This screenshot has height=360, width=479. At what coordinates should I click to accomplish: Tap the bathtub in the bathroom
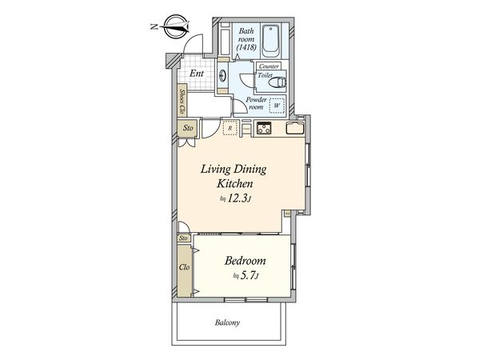tap(270, 41)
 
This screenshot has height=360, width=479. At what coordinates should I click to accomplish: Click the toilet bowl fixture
tap(277, 82)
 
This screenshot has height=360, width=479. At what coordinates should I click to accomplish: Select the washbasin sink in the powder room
tap(222, 75)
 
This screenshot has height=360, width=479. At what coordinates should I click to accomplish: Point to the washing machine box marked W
tap(277, 106)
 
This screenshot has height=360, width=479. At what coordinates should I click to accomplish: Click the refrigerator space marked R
tap(230, 128)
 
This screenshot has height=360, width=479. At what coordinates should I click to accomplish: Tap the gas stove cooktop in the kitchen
tap(264, 128)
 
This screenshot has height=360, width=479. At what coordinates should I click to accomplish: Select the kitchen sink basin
tap(295, 128)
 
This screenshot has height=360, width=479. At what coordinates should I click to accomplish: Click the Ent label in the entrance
tap(197, 74)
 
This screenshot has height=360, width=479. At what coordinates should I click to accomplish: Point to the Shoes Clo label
tap(182, 102)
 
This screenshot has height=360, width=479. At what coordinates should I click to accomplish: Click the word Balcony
tap(227, 322)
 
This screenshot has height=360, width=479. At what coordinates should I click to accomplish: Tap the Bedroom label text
tap(245, 261)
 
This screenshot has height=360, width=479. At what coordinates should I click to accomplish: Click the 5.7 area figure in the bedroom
tap(246, 276)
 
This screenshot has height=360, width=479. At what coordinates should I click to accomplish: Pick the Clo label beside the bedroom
tap(184, 267)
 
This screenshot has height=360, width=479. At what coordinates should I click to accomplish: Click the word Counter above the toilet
tap(269, 66)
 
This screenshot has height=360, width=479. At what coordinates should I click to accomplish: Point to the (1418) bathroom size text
tap(246, 47)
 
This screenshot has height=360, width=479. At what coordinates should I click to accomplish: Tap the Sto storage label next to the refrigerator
tap(188, 128)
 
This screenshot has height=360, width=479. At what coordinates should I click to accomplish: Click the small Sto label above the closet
tap(183, 238)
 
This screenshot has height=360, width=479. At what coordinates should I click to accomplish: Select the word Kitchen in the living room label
tap(234, 184)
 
